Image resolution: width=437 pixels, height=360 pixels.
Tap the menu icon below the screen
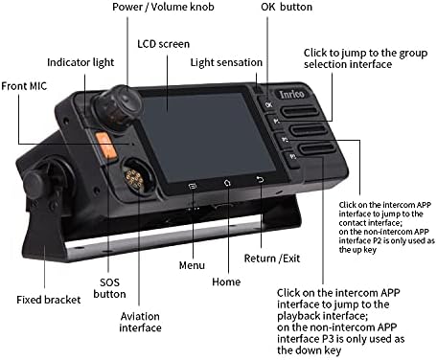192,184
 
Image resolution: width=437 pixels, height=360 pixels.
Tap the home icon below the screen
226,182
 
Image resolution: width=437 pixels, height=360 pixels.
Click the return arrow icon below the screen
259,179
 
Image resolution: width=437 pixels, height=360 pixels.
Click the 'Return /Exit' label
273,259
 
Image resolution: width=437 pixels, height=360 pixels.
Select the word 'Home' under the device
225,283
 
